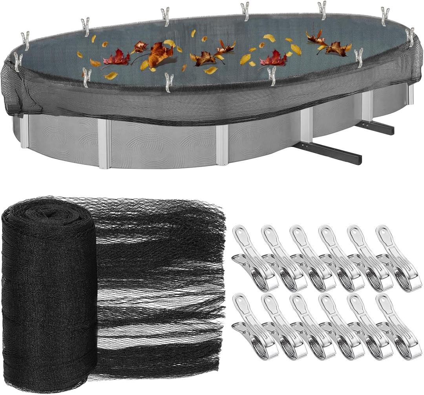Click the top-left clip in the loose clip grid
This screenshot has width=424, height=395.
tap(251, 258)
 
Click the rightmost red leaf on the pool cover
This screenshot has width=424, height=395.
tap(274, 59)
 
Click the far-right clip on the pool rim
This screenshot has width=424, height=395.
tap(410, 37)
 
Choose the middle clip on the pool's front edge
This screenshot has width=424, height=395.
tap(169, 82)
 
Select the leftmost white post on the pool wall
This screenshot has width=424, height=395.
tap(24, 132)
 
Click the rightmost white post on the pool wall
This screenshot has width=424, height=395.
tap(411, 94)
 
